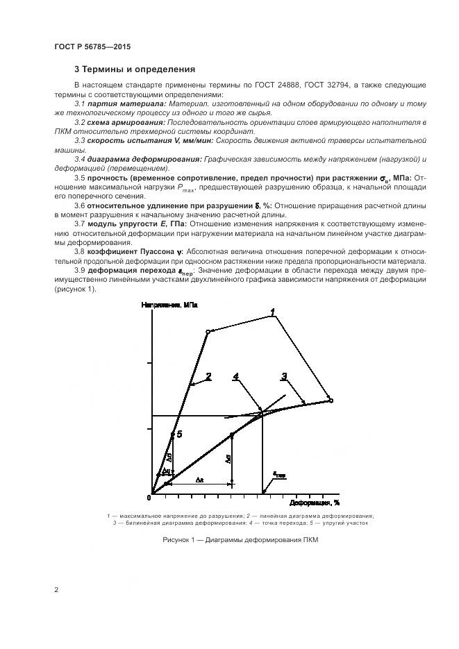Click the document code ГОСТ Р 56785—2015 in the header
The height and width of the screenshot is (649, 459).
tap(92, 47)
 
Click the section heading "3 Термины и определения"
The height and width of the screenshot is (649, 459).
tap(134, 69)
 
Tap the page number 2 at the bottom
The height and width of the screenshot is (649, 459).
tap(56, 590)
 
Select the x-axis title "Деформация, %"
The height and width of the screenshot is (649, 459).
tap(315, 502)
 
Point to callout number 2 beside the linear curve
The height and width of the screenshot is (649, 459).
tap(208, 376)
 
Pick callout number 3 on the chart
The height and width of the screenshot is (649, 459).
tap(283, 377)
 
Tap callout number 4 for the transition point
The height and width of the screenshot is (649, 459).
tap(236, 377)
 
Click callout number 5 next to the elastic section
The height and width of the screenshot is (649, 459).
tap(179, 434)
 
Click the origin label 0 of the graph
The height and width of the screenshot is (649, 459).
tap(150, 498)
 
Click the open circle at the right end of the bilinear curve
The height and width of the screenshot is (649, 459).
tap(331, 401)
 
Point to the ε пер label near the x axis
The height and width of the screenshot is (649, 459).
tap(278, 475)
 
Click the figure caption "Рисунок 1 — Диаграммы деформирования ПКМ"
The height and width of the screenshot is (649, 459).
tap(240, 540)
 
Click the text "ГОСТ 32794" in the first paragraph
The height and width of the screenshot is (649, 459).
tap(327, 85)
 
